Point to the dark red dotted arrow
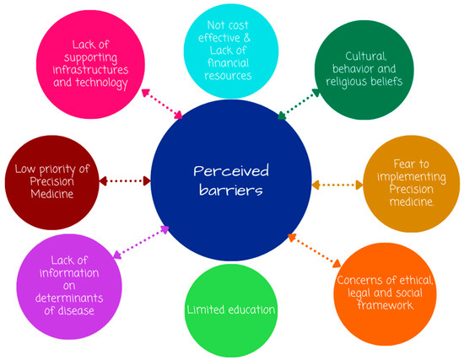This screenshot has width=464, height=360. coord(124,180)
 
